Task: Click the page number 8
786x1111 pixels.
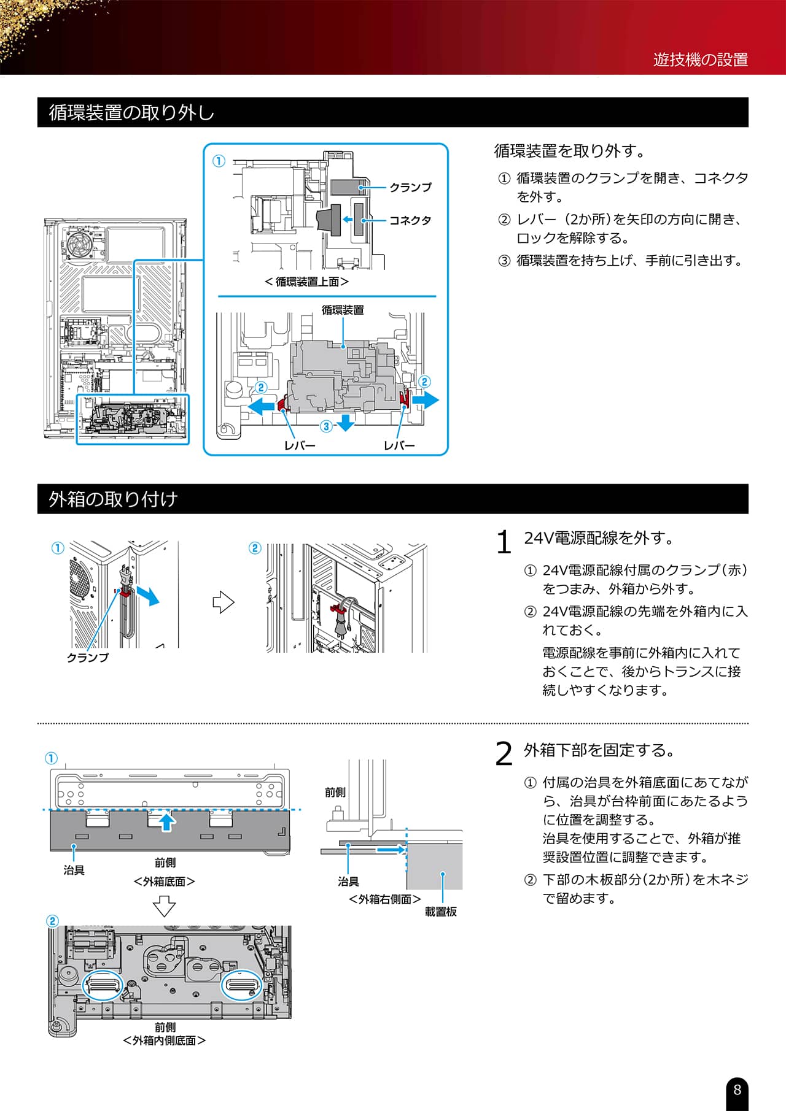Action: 737,1090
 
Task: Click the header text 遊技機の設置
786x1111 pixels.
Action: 701,60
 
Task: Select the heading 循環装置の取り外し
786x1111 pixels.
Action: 132,112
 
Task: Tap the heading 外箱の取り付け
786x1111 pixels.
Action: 113,499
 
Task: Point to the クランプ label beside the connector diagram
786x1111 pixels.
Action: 410,187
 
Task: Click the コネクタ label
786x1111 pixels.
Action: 410,220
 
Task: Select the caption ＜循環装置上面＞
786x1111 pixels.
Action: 307,282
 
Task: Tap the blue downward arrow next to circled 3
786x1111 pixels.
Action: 346,423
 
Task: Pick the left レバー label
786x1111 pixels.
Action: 300,445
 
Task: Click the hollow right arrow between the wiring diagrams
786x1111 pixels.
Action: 224,602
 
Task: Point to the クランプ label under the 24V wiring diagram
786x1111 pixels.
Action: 88,658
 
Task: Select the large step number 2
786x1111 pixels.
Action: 504,754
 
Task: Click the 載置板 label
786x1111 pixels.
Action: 441,912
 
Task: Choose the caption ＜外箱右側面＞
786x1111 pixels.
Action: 385,899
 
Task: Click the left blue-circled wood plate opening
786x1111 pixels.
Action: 103,986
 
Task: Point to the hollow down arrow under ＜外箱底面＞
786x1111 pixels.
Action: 164,906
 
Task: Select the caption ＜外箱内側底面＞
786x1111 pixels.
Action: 164,1040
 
